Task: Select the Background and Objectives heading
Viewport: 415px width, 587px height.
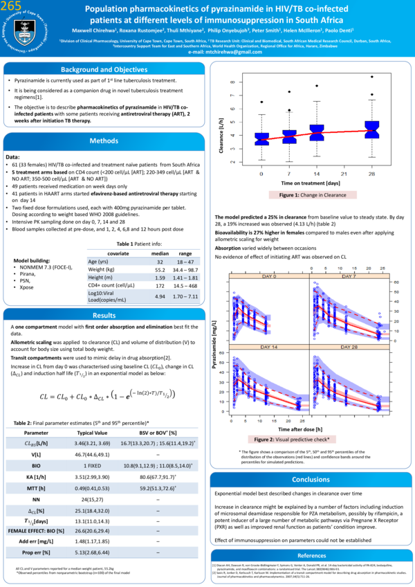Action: tap(104, 70)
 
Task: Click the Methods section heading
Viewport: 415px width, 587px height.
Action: tap(104, 141)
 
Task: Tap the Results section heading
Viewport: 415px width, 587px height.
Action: tap(104, 316)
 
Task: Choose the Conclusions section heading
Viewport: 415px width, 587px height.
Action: tap(311, 460)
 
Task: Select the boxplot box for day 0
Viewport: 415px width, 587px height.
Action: tap(261, 138)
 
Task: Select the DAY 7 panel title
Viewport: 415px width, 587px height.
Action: tap(349, 276)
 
